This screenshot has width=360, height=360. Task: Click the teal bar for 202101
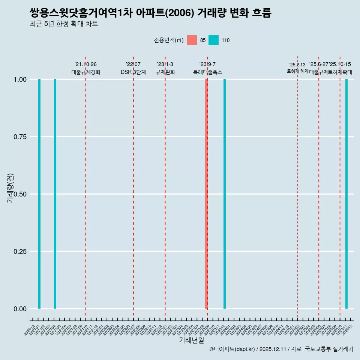39,194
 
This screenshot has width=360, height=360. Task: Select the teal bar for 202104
55,194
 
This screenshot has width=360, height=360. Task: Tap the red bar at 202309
206,194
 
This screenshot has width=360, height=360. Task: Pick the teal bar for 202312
225,194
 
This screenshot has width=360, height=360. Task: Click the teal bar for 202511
346,194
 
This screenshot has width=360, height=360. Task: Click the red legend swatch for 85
192,40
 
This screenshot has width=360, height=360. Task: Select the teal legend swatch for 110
213,40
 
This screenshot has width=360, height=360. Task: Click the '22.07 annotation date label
133,64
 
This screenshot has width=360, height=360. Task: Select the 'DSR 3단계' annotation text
133,72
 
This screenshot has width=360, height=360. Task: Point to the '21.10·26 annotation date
85,64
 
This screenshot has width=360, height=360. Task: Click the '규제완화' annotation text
165,72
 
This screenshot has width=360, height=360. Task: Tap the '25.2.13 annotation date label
297,65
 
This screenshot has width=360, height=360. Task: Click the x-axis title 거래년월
191,340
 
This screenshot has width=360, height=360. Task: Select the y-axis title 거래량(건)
10,188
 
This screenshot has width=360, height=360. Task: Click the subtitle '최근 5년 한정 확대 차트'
64,24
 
